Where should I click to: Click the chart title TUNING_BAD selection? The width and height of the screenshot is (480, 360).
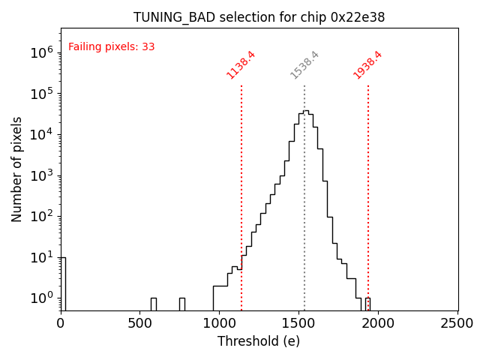tap(259, 17)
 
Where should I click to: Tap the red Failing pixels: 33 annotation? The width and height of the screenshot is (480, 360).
tap(111, 46)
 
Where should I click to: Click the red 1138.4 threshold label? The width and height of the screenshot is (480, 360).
tap(241, 64)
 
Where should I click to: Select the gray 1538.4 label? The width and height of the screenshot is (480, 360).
tap(304, 64)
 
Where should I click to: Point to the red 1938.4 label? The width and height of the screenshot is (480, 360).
tap(367, 64)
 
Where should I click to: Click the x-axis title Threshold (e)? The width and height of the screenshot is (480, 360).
tap(259, 341)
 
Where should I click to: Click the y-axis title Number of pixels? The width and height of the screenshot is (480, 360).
tap(16, 169)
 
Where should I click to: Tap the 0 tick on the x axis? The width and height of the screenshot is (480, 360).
tap(61, 323)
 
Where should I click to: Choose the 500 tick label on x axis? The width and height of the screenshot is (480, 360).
tap(140, 323)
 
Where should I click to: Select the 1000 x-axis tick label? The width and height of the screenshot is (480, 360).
tap(220, 323)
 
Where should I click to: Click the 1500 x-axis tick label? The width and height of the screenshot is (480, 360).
tap(299, 323)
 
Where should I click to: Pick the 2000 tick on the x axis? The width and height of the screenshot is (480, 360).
tap(379, 323)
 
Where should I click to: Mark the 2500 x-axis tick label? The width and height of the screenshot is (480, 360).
tap(457, 323)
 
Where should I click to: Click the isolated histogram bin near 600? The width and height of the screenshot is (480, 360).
tap(153, 304)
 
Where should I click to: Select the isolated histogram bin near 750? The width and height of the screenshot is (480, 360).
tap(181, 304)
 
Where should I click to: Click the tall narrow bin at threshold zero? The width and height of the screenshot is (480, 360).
tap(63, 283)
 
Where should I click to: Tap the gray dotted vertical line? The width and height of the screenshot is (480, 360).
tap(304, 225)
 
